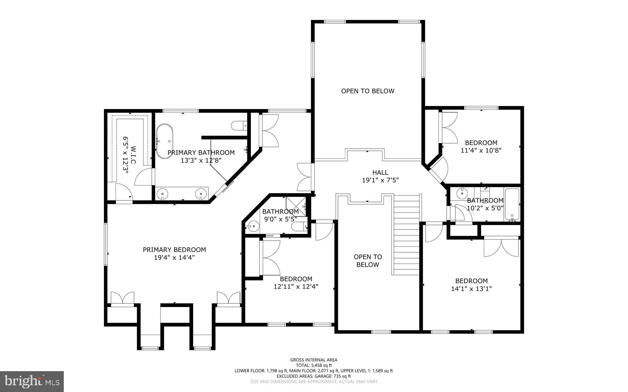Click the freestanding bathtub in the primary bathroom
coord(165,141)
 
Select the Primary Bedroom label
coord(174,250)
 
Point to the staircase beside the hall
coord(406,234)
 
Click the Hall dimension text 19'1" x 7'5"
coord(380,180)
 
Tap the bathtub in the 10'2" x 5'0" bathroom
coord(512,205)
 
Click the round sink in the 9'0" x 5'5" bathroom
coord(254,227)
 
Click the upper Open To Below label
coord(368,91)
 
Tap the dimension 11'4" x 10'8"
coord(481,150)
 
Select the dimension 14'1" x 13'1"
coord(471,289)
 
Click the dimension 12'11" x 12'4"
coord(296,287)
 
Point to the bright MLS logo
coord(32,381)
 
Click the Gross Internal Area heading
coord(314,360)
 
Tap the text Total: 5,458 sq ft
coord(314,365)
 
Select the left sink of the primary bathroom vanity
coord(162,194)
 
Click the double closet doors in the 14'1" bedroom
coord(501,248)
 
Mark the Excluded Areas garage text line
coord(314,376)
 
